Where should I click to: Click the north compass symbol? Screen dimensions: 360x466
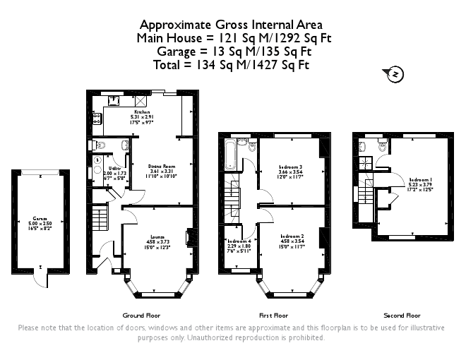click(x=395, y=73)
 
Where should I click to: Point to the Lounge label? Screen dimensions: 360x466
click(x=157, y=237)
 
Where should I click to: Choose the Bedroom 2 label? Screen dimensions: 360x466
click(x=292, y=236)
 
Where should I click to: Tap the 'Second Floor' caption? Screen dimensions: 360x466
click(x=402, y=315)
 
